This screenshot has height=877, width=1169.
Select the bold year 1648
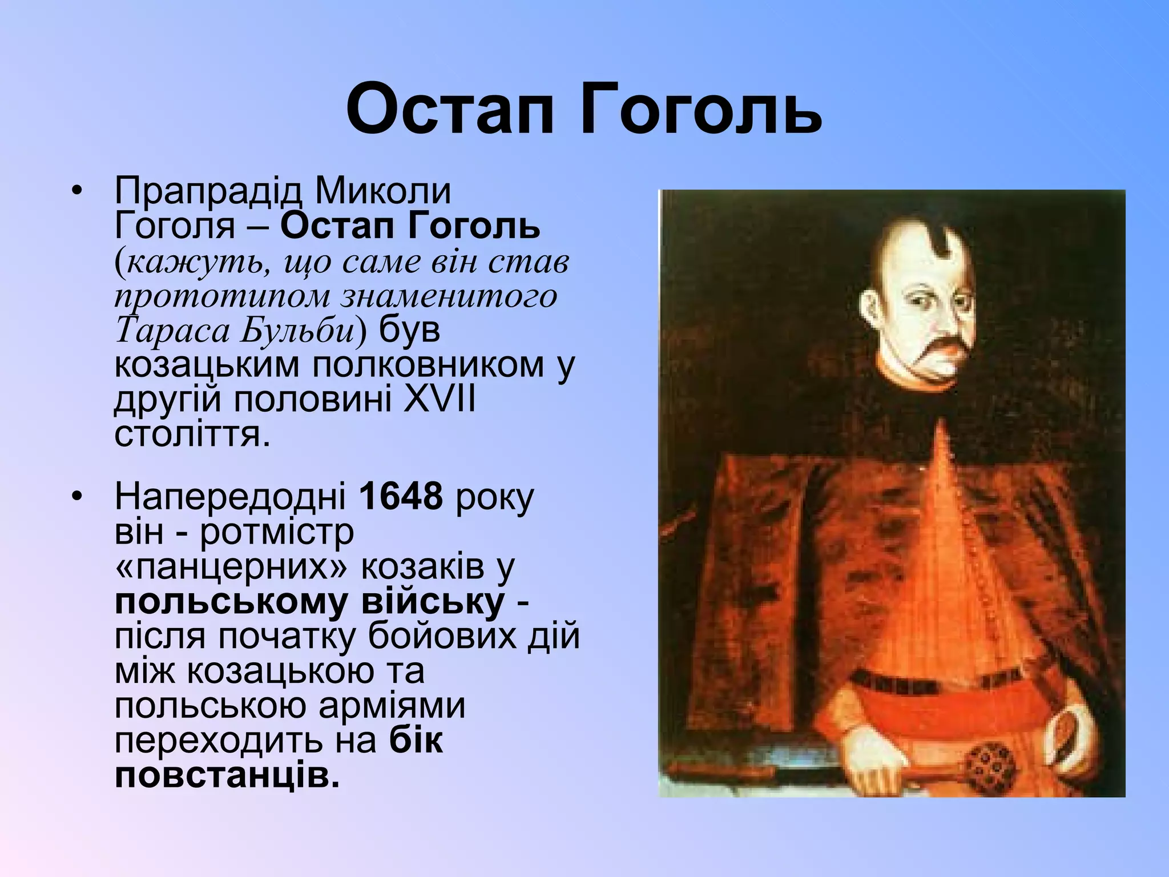point(401,496)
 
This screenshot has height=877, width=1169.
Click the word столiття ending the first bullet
point(191,435)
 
